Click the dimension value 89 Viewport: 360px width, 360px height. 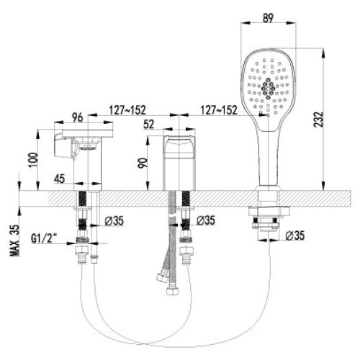click(x=268, y=18)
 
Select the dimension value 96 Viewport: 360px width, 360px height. click(x=77, y=117)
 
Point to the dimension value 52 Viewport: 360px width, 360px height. click(x=149, y=125)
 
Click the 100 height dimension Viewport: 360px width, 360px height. click(x=34, y=160)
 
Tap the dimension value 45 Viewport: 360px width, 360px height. click(x=60, y=179)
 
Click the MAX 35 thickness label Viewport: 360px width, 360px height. click(x=14, y=240)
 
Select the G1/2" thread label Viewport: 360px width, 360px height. click(x=44, y=238)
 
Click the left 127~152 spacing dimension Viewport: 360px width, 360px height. click(x=127, y=110)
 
